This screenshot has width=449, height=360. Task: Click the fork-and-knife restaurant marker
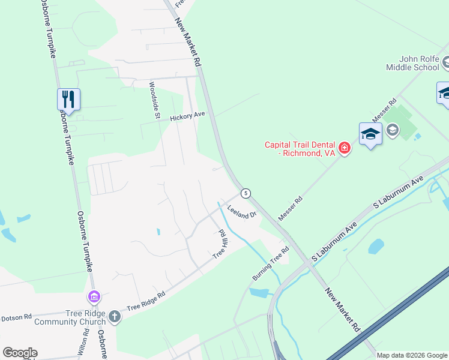pos(69,100)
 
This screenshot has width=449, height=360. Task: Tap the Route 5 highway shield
pos(245,193)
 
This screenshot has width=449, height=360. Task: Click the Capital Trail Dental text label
pos(300,148)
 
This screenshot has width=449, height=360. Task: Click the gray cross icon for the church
pos(114,317)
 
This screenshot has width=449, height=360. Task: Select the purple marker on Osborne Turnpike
pos(93,296)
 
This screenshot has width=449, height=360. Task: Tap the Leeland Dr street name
pos(242,213)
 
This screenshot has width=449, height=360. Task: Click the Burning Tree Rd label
pos(271,263)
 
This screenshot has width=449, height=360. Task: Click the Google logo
pos(20,353)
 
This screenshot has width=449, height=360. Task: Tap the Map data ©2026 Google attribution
pos(412,355)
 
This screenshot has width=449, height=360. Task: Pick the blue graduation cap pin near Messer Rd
pos(370,134)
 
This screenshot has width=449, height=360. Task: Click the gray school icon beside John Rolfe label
pos(447,62)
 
